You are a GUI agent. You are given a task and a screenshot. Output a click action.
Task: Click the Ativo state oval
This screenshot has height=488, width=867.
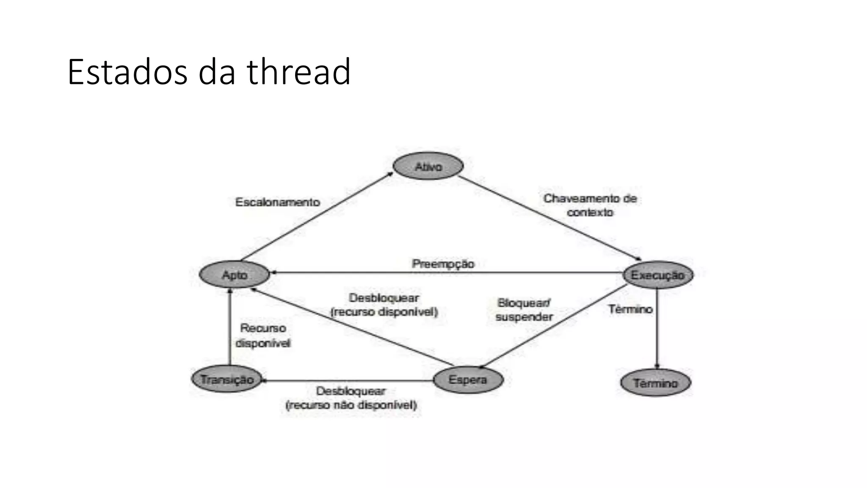[428, 166]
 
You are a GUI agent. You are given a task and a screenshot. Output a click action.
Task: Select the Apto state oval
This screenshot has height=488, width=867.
[234, 275]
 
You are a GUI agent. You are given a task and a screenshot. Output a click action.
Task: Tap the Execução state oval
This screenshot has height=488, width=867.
[657, 275]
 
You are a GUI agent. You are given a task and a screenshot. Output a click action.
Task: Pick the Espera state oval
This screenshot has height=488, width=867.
[468, 380]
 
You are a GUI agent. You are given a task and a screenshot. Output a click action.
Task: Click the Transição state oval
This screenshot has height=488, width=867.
[227, 379]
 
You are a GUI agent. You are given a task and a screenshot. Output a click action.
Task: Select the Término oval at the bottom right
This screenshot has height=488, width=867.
[655, 383]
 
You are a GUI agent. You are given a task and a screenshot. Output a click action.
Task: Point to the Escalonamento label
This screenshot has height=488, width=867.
[277, 202]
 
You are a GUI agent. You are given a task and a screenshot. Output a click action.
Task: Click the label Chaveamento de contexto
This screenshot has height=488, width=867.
[590, 205]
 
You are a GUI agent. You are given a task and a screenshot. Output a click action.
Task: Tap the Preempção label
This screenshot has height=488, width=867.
[443, 263]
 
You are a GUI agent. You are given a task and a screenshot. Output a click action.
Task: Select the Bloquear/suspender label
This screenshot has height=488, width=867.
[524, 310]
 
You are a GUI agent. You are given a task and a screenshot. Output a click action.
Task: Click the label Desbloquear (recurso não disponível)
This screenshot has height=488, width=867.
[351, 398]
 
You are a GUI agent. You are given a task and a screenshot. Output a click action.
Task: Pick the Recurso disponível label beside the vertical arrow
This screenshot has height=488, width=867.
[263, 335]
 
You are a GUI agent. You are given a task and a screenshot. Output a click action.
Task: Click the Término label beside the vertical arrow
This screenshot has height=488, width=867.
[630, 309]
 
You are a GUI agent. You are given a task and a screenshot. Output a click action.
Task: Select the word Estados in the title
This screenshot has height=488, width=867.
[127, 72]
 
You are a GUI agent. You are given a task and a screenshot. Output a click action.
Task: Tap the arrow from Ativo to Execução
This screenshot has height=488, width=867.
[550, 218]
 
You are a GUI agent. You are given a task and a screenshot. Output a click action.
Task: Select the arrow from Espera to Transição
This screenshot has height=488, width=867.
[347, 381]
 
